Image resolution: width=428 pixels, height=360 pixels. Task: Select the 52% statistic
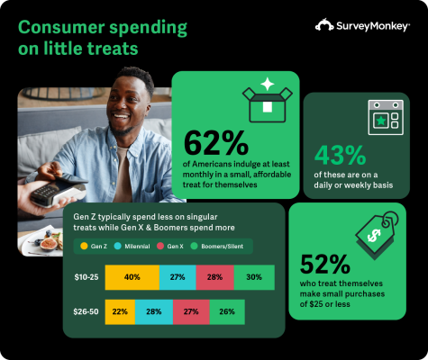click(326, 264)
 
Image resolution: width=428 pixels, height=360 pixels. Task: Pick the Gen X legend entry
click(183, 243)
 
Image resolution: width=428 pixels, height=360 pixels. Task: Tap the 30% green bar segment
click(254, 277)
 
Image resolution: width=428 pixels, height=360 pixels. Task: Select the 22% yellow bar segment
click(120, 311)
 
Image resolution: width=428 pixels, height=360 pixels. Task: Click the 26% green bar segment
click(253, 311)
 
